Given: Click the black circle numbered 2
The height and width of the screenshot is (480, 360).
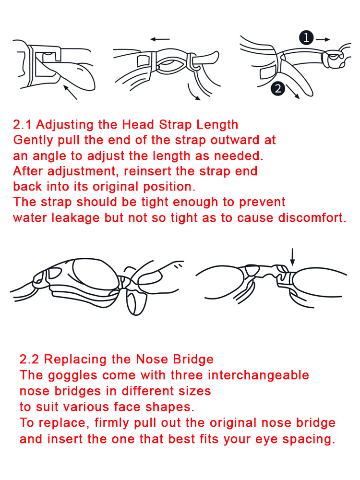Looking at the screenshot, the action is click(278, 88).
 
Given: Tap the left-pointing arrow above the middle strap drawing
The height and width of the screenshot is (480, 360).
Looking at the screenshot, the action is click(160, 39).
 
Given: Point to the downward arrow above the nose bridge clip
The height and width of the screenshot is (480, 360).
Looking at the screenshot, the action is click(292, 257).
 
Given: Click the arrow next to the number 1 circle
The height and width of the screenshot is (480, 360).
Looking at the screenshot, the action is click(323, 39).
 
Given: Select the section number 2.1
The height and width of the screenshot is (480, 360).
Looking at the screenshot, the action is click(23, 125).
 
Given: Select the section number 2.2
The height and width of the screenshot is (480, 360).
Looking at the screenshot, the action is click(29, 360).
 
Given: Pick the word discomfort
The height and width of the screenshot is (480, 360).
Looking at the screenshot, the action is click(312, 217).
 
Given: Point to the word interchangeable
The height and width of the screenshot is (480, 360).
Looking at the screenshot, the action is click(258, 375).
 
